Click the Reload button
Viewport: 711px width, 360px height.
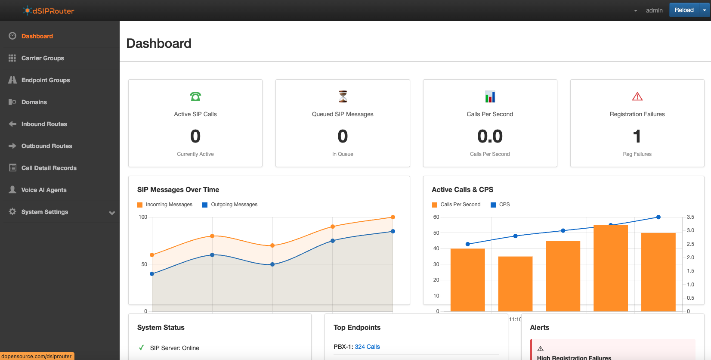(684, 10)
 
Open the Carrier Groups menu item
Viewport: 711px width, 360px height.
(43, 58)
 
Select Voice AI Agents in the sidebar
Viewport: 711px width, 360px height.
(44, 190)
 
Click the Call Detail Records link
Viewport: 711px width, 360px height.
(49, 168)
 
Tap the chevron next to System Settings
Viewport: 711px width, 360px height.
(112, 212)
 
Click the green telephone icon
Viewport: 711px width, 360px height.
(195, 96)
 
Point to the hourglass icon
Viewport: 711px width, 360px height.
(343, 96)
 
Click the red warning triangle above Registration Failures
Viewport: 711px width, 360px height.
(637, 96)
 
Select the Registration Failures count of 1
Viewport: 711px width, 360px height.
(637, 137)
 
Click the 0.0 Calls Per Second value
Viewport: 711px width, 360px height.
(490, 137)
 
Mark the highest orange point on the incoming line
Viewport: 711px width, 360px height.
(393, 217)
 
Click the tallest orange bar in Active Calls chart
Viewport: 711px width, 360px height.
(611, 267)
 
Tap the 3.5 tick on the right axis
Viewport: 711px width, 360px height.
(690, 217)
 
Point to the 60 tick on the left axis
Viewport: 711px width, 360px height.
(436, 217)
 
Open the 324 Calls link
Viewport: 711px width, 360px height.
(367, 347)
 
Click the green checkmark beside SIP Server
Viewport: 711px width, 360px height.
(141, 348)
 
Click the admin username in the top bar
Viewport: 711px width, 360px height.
(654, 10)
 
